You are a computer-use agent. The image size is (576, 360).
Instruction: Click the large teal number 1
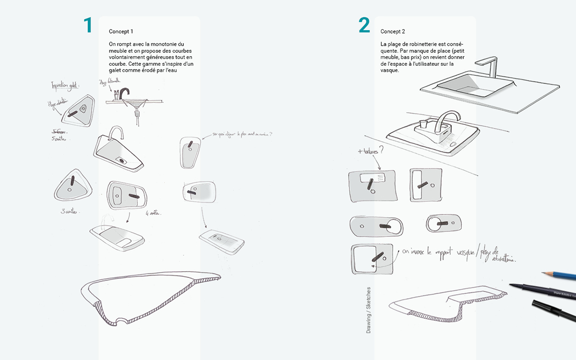[x=87, y=25]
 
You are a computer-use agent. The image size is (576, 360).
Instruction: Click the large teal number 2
[x=364, y=25]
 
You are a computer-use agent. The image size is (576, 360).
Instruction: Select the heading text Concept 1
[x=121, y=32]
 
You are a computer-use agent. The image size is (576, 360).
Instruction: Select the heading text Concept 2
[x=393, y=32]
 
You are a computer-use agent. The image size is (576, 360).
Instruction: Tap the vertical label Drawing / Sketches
[x=369, y=310]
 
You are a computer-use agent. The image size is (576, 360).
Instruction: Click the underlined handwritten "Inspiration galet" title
[x=66, y=86]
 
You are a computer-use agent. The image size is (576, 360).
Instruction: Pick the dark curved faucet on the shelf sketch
[x=124, y=93]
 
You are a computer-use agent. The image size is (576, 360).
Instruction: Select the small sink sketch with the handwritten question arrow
[x=191, y=152]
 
